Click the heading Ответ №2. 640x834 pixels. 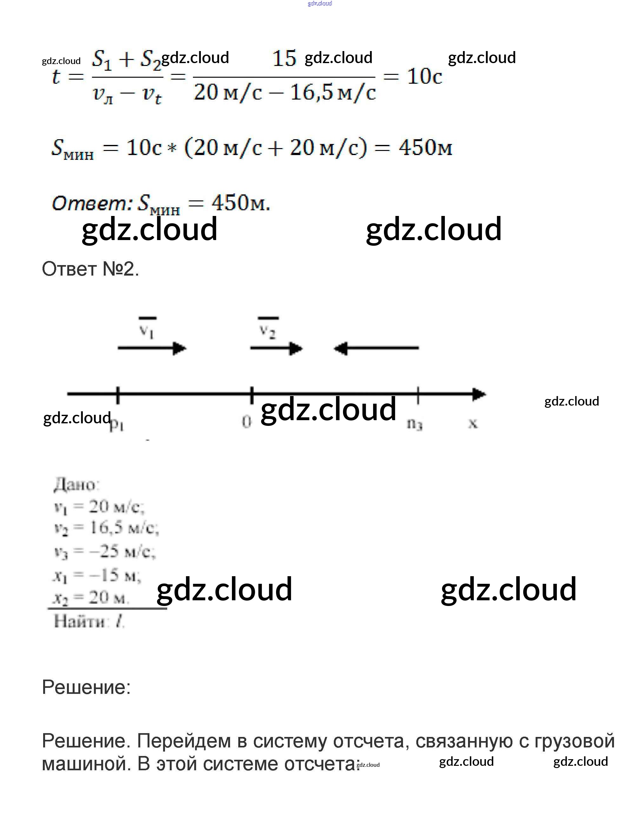(90, 269)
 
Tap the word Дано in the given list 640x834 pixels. (76, 485)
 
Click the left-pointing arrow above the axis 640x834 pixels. (376, 348)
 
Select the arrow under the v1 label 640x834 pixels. (152, 348)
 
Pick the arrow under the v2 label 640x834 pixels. (276, 348)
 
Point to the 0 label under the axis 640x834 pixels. (247, 422)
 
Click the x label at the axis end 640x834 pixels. (473, 422)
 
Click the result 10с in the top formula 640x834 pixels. (424, 76)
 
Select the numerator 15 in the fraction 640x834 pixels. (284, 59)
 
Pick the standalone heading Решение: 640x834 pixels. (86, 687)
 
